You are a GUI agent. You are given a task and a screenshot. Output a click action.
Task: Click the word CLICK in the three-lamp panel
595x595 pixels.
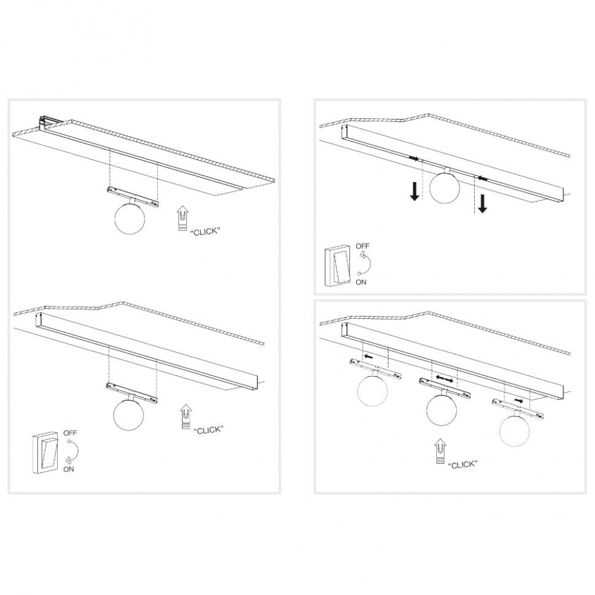click(463, 465)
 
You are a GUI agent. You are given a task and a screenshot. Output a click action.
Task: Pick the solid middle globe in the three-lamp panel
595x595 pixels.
click(442, 410)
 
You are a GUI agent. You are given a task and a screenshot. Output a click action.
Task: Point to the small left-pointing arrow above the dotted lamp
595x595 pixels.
click(368, 357)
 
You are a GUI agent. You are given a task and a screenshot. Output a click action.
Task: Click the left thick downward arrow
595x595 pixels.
click(415, 191)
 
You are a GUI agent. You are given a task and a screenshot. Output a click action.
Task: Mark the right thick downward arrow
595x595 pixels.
click(482, 204)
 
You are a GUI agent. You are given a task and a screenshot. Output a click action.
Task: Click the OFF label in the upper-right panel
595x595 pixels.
click(363, 246)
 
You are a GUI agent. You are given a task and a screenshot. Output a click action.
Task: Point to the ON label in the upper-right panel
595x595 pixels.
click(361, 282)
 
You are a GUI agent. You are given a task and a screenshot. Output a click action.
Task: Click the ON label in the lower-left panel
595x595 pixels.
click(69, 469)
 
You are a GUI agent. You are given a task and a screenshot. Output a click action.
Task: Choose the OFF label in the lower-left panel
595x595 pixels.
click(70, 432)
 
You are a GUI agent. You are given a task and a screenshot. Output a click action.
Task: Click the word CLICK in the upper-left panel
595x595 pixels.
click(205, 232)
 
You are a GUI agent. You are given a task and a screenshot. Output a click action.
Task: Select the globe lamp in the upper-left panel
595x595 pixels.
click(130, 218)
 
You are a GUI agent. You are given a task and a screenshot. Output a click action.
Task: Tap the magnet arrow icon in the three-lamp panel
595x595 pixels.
click(440, 451)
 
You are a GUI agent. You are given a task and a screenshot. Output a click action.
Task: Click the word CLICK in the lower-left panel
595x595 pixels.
click(209, 431)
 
